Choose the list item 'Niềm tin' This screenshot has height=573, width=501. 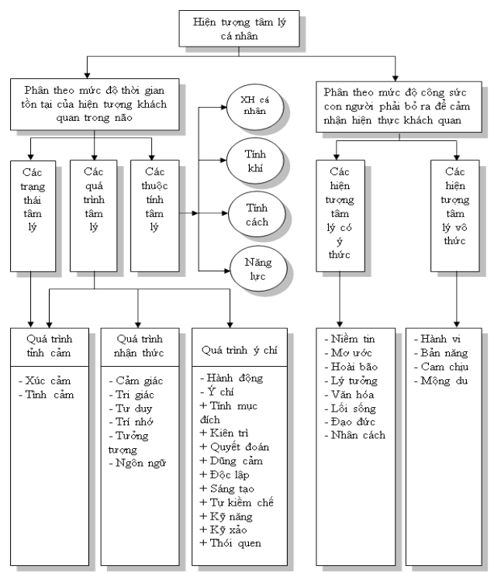[x=351, y=339]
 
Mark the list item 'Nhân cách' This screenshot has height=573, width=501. [x=356, y=435]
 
